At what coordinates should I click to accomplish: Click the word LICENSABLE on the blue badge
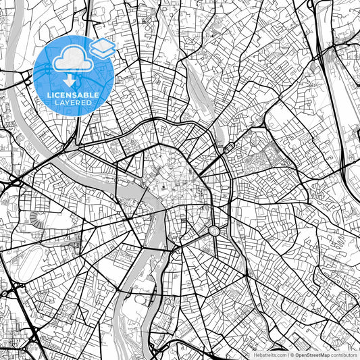click(x=74, y=95)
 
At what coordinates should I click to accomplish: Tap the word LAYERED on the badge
click(x=74, y=103)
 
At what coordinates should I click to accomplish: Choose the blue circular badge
click(x=74, y=76)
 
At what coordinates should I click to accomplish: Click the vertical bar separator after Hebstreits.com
click(x=288, y=354)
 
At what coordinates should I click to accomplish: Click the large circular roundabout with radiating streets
click(x=214, y=231)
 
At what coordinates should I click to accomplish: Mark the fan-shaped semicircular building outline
click(x=37, y=218)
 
